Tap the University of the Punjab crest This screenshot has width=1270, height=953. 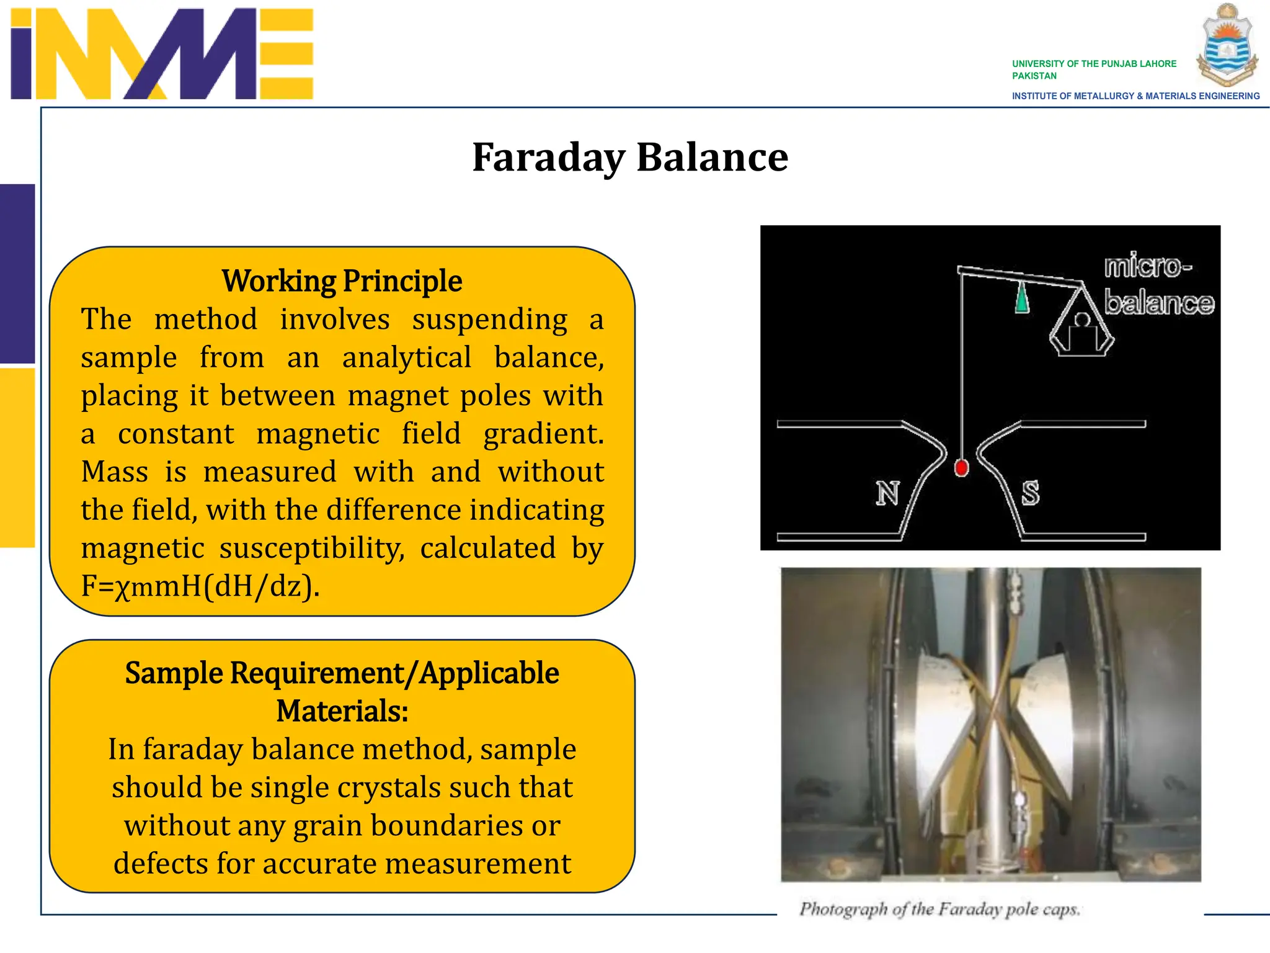click(x=1227, y=45)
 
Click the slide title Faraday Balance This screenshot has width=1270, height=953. click(x=629, y=157)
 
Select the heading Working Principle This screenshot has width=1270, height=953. click(x=342, y=281)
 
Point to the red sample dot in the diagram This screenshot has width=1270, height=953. click(x=961, y=468)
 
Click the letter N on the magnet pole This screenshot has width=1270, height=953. click(x=887, y=493)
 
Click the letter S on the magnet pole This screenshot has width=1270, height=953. click(x=1030, y=493)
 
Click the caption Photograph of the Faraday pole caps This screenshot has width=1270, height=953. click(x=939, y=910)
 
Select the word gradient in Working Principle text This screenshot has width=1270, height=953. click(x=543, y=434)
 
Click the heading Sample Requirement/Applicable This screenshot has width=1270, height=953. click(x=342, y=673)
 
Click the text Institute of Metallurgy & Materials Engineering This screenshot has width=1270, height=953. click(x=1135, y=96)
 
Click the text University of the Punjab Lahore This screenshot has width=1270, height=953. click(x=1094, y=64)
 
